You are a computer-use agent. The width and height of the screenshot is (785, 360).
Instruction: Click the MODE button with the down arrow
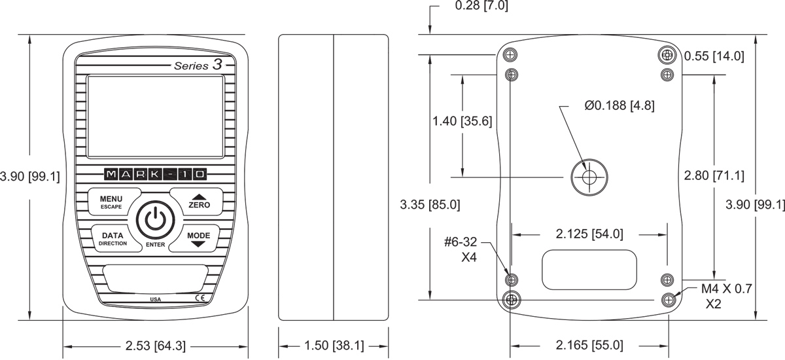pos(197,238)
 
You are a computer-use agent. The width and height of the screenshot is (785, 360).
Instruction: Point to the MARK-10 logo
pos(155,174)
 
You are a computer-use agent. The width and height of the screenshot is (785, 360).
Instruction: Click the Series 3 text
pos(198,65)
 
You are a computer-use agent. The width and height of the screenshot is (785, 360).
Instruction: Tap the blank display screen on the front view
pos(155,117)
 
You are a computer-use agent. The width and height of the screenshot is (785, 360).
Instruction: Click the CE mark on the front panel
pos(200,298)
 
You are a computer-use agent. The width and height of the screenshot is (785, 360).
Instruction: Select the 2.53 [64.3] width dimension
pos(155,346)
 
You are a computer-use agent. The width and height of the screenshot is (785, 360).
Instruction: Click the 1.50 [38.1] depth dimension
pos(334,346)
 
